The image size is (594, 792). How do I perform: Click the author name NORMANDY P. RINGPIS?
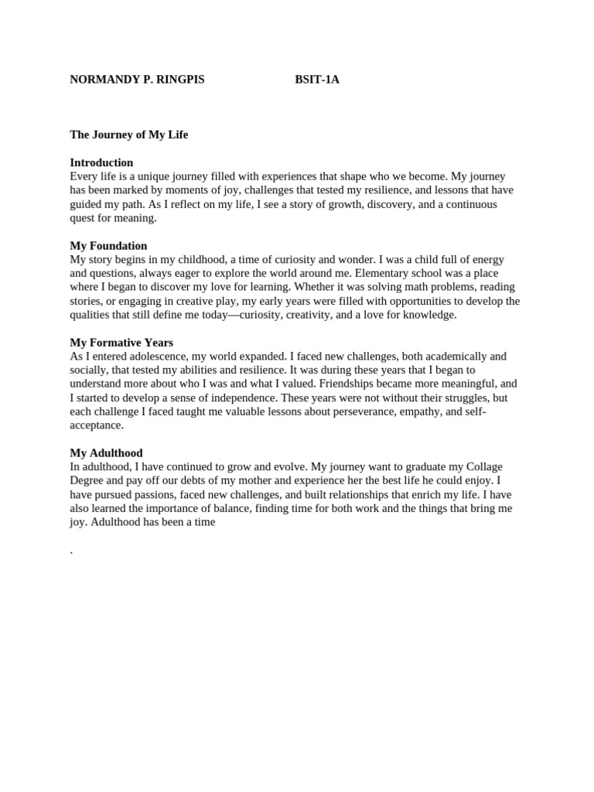coord(137,80)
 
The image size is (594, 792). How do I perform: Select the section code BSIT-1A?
coord(317,80)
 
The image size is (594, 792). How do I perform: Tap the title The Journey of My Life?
coord(129,135)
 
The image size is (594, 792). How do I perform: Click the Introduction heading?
coord(101,162)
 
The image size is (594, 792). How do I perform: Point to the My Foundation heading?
coord(108,246)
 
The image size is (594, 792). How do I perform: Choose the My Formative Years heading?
coord(121,343)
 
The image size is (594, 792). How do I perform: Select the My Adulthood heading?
coord(106,453)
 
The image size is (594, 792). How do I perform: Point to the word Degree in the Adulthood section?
coord(87,481)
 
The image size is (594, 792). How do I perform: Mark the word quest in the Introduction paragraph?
coord(83,218)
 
